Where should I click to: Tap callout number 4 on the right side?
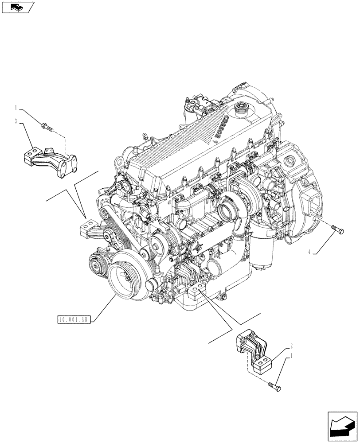click(x=309, y=253)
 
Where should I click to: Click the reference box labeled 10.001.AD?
click(x=74, y=319)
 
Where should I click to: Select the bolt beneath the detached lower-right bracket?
click(x=274, y=388)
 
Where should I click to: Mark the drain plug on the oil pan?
click(x=223, y=296)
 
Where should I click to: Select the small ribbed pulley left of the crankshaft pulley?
click(x=96, y=266)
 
